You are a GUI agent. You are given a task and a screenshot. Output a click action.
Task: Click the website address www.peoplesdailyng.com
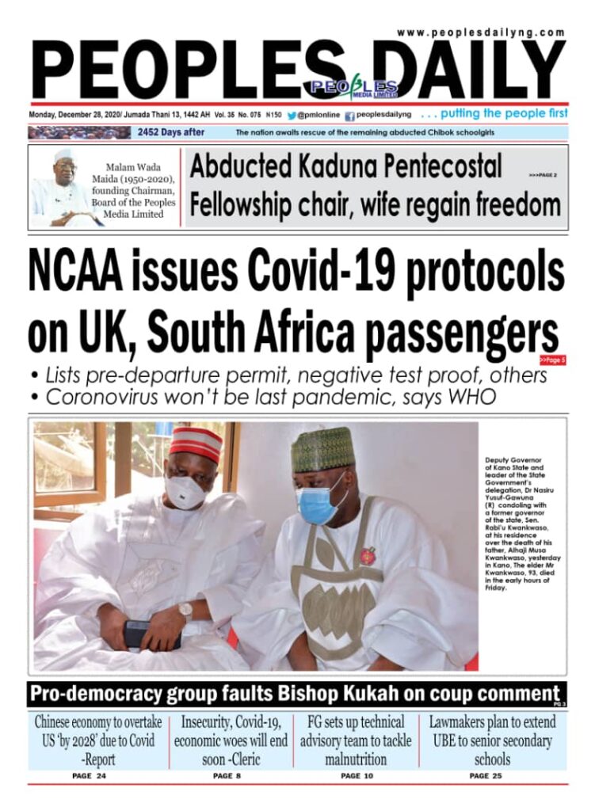(481, 32)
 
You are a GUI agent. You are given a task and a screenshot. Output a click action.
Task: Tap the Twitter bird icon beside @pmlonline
(292, 114)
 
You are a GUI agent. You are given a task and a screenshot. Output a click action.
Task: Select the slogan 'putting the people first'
(504, 113)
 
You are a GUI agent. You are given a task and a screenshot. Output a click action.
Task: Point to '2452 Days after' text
(171, 132)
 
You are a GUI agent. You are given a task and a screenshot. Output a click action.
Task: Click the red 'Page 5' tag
(552, 360)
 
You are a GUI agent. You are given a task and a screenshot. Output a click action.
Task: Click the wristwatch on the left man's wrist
(185, 611)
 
